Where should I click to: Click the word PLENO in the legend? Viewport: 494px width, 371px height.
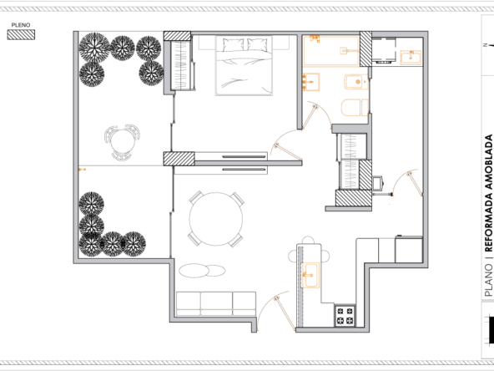21,25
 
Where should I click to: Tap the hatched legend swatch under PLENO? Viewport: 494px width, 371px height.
21,35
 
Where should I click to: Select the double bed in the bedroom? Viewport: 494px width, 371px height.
244,65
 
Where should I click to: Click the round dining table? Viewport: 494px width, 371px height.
216,219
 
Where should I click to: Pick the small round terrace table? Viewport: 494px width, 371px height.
123,142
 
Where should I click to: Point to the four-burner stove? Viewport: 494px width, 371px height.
345,316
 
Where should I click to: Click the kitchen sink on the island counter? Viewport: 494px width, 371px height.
310,276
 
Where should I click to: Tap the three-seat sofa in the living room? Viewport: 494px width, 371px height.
216,304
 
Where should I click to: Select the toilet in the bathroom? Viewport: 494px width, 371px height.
355,108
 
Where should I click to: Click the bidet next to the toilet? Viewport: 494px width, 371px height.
356,82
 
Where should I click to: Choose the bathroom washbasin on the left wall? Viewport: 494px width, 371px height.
311,82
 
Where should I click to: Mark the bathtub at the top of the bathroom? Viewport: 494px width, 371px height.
331,51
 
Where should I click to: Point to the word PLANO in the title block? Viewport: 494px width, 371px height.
488,281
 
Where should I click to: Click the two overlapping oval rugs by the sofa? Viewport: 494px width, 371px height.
202,271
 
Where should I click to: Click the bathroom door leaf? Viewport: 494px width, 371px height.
309,118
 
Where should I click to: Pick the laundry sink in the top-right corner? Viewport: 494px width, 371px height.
411,58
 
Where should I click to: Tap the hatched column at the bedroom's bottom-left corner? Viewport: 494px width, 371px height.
179,159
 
